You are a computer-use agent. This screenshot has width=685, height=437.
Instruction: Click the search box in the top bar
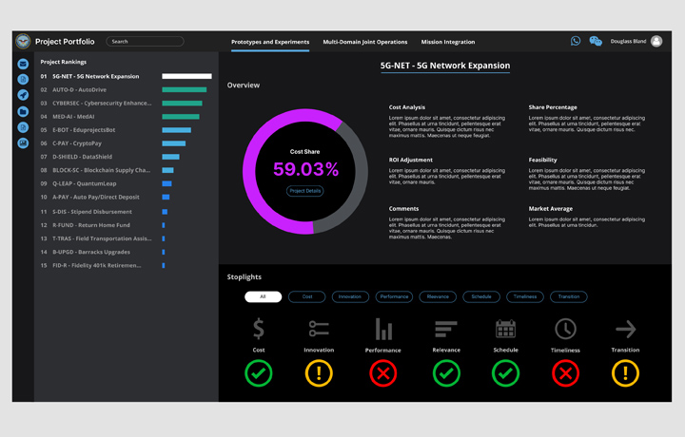pyautogui.click(x=145, y=42)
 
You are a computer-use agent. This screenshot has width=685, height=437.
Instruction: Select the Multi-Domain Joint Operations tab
pyautogui.click(x=365, y=42)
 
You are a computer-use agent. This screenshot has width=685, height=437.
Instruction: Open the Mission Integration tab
pyautogui.click(x=448, y=42)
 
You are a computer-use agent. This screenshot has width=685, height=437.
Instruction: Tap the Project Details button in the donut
pyautogui.click(x=305, y=191)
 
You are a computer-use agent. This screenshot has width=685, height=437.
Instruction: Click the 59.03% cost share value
pyautogui.click(x=305, y=170)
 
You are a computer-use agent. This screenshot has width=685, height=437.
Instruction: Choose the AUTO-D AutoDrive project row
pyautogui.click(x=79, y=90)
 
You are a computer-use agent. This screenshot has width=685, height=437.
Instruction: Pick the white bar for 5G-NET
pyautogui.click(x=186, y=76)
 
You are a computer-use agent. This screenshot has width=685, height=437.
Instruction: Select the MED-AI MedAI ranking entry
pyautogui.click(x=73, y=117)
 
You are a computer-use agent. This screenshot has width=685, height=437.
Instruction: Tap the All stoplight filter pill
pyautogui.click(x=263, y=296)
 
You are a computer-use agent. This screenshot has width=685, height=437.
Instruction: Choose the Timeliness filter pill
pyautogui.click(x=525, y=296)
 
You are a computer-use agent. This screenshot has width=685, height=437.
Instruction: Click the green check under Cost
pyautogui.click(x=259, y=373)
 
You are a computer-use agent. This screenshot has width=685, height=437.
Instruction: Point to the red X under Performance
pyautogui.click(x=382, y=373)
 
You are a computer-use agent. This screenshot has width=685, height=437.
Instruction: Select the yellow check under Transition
pyautogui.click(x=625, y=373)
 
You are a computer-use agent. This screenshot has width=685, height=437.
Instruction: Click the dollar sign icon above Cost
pyautogui.click(x=259, y=329)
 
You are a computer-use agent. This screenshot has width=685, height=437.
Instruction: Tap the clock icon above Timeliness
pyautogui.click(x=565, y=329)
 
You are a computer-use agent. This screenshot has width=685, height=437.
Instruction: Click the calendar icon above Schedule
pyautogui.click(x=505, y=329)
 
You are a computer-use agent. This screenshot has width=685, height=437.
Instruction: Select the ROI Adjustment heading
pyautogui.click(x=411, y=160)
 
